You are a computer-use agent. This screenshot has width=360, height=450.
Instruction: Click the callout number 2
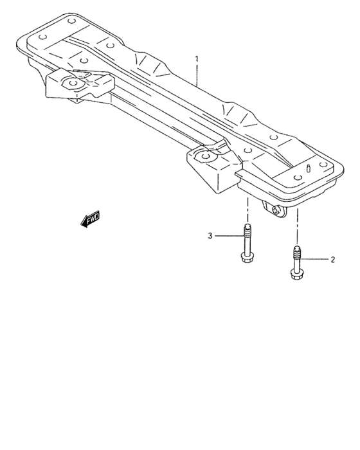point(332,260)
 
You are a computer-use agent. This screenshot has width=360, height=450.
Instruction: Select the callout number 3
point(210,237)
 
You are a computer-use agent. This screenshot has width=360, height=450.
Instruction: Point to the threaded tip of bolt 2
point(296,249)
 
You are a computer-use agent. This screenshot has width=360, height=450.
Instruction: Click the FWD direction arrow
point(90,220)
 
